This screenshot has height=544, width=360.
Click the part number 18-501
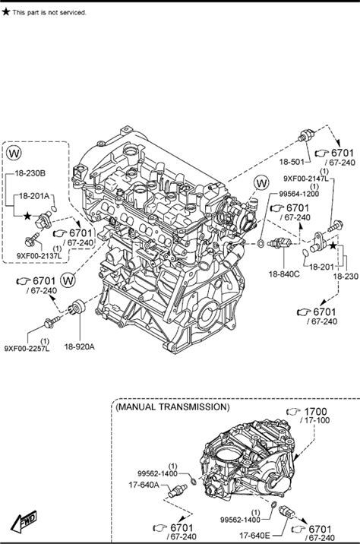[292, 162]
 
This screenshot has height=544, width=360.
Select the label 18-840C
[284, 274]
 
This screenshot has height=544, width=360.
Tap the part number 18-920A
[80, 346]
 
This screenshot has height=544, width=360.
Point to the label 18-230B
[30, 173]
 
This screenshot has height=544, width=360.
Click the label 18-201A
[34, 196]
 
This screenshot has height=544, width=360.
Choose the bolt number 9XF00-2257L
[27, 348]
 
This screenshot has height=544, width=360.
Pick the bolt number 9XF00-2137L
[39, 256]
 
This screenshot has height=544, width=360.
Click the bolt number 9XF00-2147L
[306, 179]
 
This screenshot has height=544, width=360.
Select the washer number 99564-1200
[299, 194]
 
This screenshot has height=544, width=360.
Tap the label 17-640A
[144, 485]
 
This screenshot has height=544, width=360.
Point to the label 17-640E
[254, 536]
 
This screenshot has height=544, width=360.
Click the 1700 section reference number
[316, 412]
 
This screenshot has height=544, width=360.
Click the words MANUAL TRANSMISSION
[172, 406]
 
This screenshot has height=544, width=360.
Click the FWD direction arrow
[24, 521]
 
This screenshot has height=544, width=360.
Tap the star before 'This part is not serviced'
[6, 12]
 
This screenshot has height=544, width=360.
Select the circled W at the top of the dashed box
[14, 152]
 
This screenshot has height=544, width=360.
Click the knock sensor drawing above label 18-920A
[77, 306]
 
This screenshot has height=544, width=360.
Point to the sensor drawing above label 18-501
[307, 135]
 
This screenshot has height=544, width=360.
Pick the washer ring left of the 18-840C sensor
[261, 243]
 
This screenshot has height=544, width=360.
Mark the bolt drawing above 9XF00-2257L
[52, 322]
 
